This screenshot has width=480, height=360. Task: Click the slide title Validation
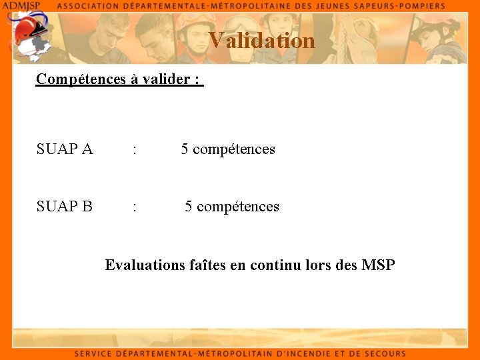coord(261,41)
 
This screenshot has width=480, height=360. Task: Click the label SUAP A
coord(65,149)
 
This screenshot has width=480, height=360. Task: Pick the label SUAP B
coord(65,207)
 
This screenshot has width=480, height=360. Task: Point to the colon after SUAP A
coord(135,150)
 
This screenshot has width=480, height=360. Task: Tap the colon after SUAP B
coord(135,207)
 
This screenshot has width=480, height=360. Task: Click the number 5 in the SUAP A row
coord(185,149)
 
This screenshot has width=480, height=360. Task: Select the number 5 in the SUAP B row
coord(189,207)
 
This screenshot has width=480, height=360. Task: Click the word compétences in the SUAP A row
coord(233,149)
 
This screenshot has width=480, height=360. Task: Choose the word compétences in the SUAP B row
coord(237,207)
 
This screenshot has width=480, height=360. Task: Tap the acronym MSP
coord(378,265)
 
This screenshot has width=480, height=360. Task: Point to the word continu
coord(275,265)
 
